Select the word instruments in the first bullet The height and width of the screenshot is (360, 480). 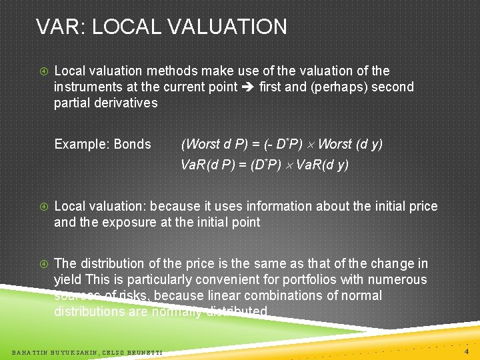86,87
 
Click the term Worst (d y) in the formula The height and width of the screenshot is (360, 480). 351,144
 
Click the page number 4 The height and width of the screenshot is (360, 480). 467,351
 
